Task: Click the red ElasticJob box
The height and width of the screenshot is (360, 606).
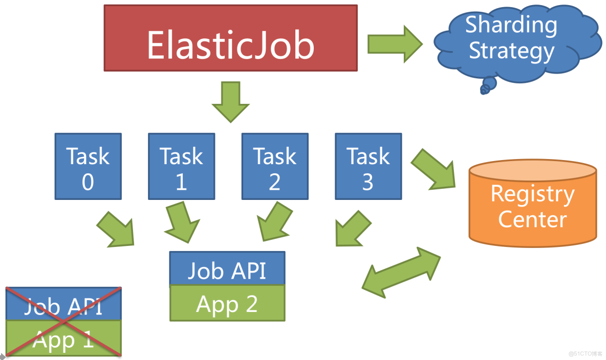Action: point(230,38)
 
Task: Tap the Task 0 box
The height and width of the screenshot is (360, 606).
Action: point(88,166)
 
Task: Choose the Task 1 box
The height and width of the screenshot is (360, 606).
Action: point(181,166)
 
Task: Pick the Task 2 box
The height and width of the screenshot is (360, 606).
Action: point(275,166)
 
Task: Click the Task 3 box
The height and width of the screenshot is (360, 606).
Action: point(368,166)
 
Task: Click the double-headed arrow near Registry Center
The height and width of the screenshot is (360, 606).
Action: point(401,272)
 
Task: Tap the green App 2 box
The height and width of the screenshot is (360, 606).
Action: point(227,303)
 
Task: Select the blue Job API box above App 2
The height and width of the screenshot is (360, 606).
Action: point(227,268)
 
